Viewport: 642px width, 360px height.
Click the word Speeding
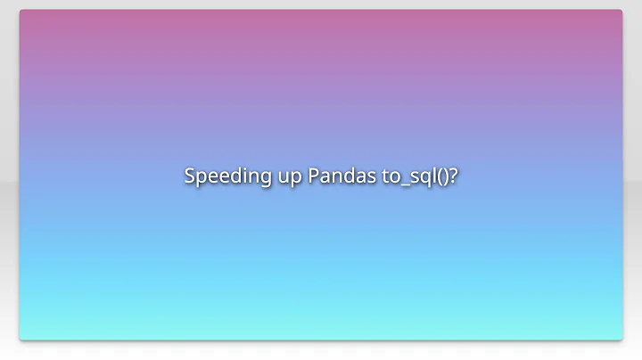(225, 176)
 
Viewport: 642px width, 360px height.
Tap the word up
(286, 176)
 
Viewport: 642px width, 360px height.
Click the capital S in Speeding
(190, 175)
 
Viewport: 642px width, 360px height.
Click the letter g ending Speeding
(259, 178)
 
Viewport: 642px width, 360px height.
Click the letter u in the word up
(279, 176)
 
